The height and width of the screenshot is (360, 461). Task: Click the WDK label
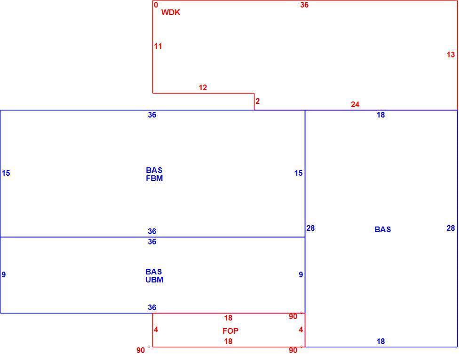tap(170, 12)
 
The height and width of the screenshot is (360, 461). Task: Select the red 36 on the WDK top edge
tap(304, 5)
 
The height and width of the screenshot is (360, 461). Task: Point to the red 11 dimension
tap(158, 46)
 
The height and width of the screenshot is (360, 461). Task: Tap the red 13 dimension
tap(451, 55)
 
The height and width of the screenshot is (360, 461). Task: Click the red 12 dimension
tap(203, 87)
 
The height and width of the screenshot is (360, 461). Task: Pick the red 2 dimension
tap(258, 102)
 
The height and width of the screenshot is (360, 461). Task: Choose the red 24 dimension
tap(355, 104)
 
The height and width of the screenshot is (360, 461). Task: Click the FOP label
tap(230, 331)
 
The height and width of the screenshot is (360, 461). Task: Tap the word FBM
tap(154, 178)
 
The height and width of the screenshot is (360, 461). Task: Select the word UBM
tap(154, 280)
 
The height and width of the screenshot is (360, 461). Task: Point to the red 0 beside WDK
tap(156, 5)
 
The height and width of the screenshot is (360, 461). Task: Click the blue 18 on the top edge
tap(381, 115)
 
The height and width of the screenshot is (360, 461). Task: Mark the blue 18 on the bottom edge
tap(381, 341)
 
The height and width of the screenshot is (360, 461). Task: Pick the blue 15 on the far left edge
tap(6, 173)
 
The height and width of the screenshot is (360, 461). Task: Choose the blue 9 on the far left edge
tap(4, 274)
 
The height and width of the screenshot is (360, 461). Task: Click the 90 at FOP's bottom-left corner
tap(141, 350)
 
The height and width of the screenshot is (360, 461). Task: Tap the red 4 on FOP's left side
tap(156, 330)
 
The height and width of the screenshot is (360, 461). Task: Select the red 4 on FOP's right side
tap(301, 330)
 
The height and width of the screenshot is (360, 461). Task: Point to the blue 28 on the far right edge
tap(451, 228)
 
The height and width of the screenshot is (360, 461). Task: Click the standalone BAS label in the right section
tap(383, 229)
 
